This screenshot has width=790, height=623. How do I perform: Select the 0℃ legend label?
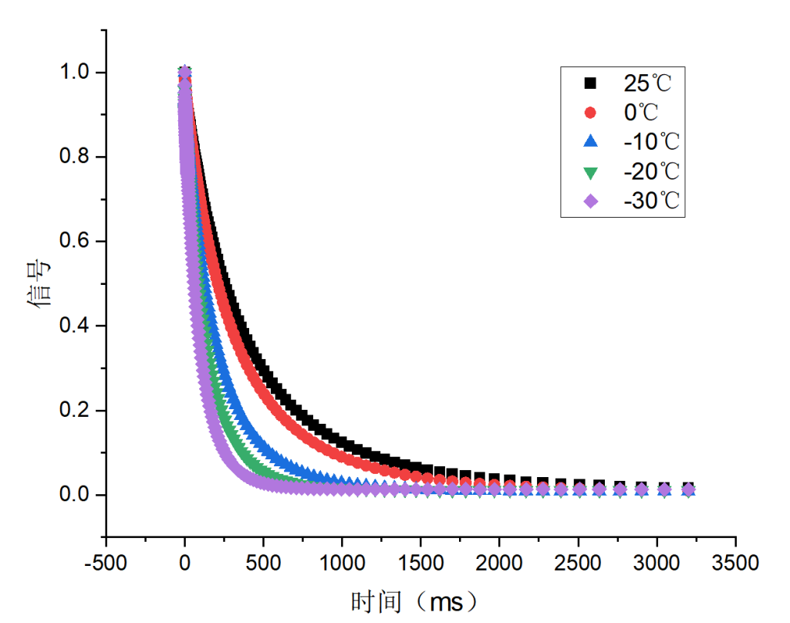(641, 112)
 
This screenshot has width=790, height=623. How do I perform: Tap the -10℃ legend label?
(651, 141)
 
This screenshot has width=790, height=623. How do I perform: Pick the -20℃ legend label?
(651, 171)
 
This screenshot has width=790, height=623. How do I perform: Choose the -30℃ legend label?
(651, 201)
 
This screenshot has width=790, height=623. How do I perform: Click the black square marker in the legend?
(591, 82)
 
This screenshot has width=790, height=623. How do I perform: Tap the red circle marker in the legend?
(591, 112)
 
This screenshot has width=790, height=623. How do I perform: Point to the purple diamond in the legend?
(591, 201)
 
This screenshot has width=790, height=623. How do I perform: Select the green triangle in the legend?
(591, 171)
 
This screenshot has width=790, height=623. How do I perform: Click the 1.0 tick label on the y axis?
(76, 73)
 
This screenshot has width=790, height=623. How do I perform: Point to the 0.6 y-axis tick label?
(76, 242)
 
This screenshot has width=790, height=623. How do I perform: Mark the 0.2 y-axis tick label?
(76, 410)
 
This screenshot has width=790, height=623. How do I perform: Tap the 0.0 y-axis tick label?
(76, 495)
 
